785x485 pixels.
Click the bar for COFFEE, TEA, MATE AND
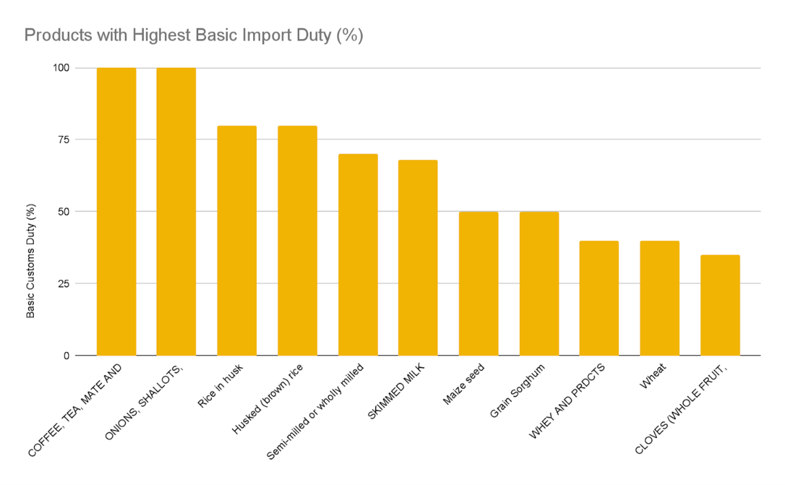click(x=116, y=212)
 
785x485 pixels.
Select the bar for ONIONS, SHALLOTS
click(x=176, y=212)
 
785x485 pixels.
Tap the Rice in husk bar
click(x=237, y=241)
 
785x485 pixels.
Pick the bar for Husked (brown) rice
click(x=297, y=241)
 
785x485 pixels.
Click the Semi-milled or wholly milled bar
click(x=358, y=255)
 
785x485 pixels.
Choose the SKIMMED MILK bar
click(x=418, y=258)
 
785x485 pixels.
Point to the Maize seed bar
click(x=479, y=284)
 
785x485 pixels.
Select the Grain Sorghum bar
click(x=539, y=284)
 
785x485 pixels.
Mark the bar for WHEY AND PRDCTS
click(x=599, y=298)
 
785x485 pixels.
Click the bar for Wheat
click(x=659, y=298)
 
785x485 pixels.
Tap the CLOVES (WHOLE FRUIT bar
click(x=720, y=305)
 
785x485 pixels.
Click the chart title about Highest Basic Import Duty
click(x=193, y=36)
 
